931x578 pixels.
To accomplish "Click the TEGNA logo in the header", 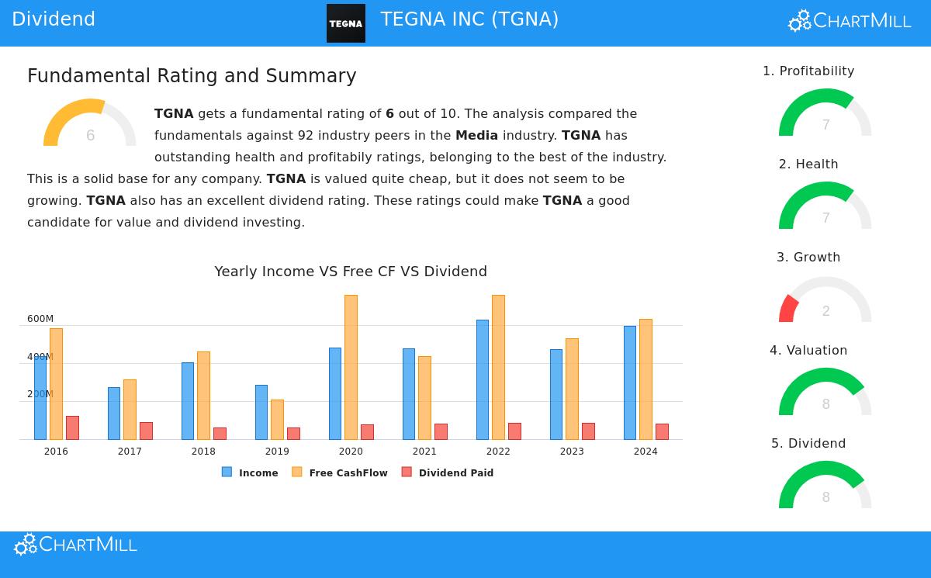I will (x=345, y=23).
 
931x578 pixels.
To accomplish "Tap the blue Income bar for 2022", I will (x=483, y=379).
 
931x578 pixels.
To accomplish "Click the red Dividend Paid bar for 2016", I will (x=72, y=427).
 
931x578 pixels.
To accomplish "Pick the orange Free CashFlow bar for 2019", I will (x=277, y=420).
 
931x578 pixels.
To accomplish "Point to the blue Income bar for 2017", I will (x=114, y=414).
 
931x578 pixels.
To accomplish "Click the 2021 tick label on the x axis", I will (x=424, y=452).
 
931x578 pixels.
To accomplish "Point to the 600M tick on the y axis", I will (x=40, y=319).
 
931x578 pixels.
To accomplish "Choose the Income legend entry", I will (x=250, y=472).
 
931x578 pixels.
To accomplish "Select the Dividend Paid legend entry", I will (x=448, y=472).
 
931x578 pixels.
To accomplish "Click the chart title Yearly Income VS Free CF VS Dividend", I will (x=351, y=272).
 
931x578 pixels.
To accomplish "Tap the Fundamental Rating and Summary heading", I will (x=192, y=76).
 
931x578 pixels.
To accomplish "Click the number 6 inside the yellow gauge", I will (x=91, y=136).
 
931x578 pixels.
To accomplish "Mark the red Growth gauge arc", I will (x=787, y=308).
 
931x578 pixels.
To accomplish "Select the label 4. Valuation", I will (x=808, y=351).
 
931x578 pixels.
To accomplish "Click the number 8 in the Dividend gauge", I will (x=825, y=497).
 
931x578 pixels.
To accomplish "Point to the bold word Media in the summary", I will (x=476, y=136).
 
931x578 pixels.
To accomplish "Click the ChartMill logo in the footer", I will (x=76, y=545).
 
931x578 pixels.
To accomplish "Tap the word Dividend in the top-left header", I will (x=54, y=19).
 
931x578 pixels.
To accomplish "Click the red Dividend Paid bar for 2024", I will (x=662, y=431).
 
